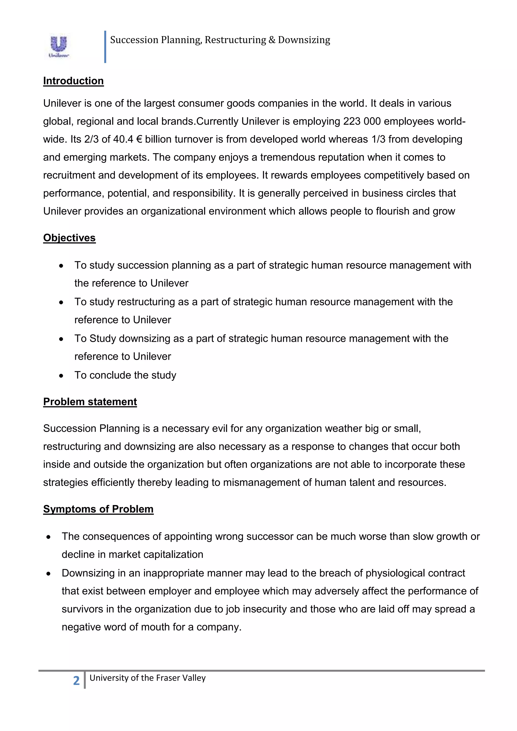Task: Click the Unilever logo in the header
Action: point(59,47)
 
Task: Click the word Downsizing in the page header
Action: point(304,40)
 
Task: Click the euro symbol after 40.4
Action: point(139,139)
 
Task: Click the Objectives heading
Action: point(69,238)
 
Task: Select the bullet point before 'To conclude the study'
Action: point(61,376)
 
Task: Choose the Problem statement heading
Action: point(90,402)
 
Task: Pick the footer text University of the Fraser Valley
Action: point(147,678)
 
